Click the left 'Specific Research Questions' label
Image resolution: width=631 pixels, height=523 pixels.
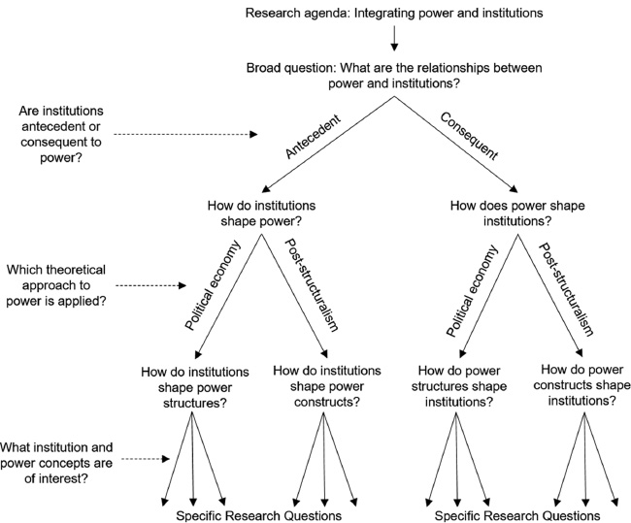tap(259, 514)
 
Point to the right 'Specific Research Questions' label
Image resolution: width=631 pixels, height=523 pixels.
tap(518, 514)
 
